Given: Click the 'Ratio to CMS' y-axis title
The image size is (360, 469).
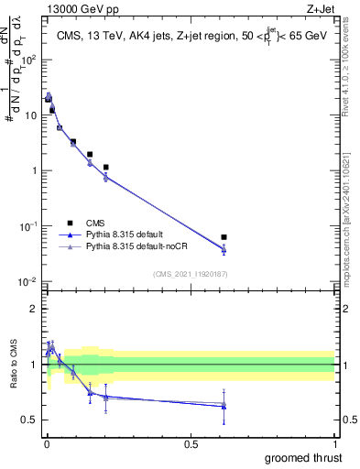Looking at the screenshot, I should (x=12, y=365).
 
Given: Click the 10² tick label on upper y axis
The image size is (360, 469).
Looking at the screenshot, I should (x=31, y=60).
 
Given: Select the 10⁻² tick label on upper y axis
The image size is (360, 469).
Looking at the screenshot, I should (x=31, y=281).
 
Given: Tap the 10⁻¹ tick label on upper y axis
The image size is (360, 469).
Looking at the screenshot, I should (x=31, y=226).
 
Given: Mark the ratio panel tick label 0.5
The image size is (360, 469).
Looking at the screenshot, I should (x=31, y=420).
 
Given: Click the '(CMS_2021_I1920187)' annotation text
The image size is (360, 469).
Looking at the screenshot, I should (x=190, y=274).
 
